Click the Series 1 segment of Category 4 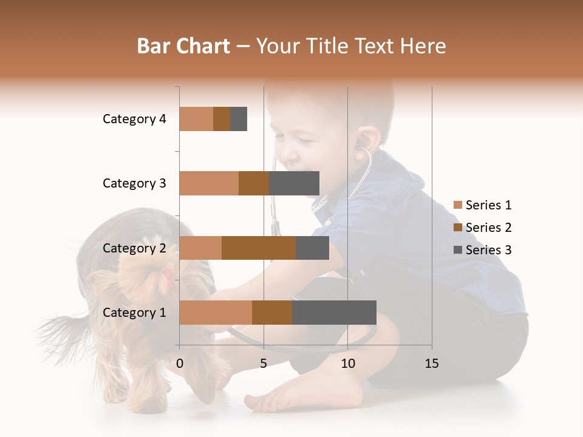(196, 119)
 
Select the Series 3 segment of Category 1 (334, 313)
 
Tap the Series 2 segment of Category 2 (259, 248)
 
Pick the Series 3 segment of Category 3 (294, 183)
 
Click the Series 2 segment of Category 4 (222, 119)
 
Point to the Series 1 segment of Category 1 (216, 313)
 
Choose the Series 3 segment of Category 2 (312, 248)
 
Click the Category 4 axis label (134, 119)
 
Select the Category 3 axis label (134, 183)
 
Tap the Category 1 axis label (134, 313)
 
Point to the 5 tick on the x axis (264, 364)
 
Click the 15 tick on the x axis (431, 364)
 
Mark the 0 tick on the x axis (180, 364)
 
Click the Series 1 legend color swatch (458, 205)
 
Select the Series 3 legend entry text (488, 250)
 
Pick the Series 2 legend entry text (488, 228)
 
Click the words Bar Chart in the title (183, 46)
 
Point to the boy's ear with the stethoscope (362, 141)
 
